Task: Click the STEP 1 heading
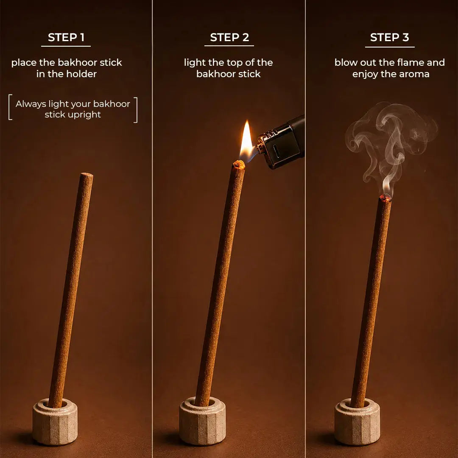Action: pos(66,37)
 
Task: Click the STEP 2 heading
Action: pos(229,37)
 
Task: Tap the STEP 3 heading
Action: pos(389,37)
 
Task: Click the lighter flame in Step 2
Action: pos(247,140)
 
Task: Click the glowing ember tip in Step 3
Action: pos(385,198)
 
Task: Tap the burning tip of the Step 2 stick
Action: pos(239,165)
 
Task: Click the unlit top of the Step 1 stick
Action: pos(87,175)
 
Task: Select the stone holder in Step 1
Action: pos(55,422)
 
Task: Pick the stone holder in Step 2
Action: pos(202,421)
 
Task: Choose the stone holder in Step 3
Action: pos(357,422)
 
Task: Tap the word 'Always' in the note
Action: pos(31,104)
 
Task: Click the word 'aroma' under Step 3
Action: pos(414,74)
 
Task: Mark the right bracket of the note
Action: pos(136,110)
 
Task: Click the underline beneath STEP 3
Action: pos(390,47)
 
